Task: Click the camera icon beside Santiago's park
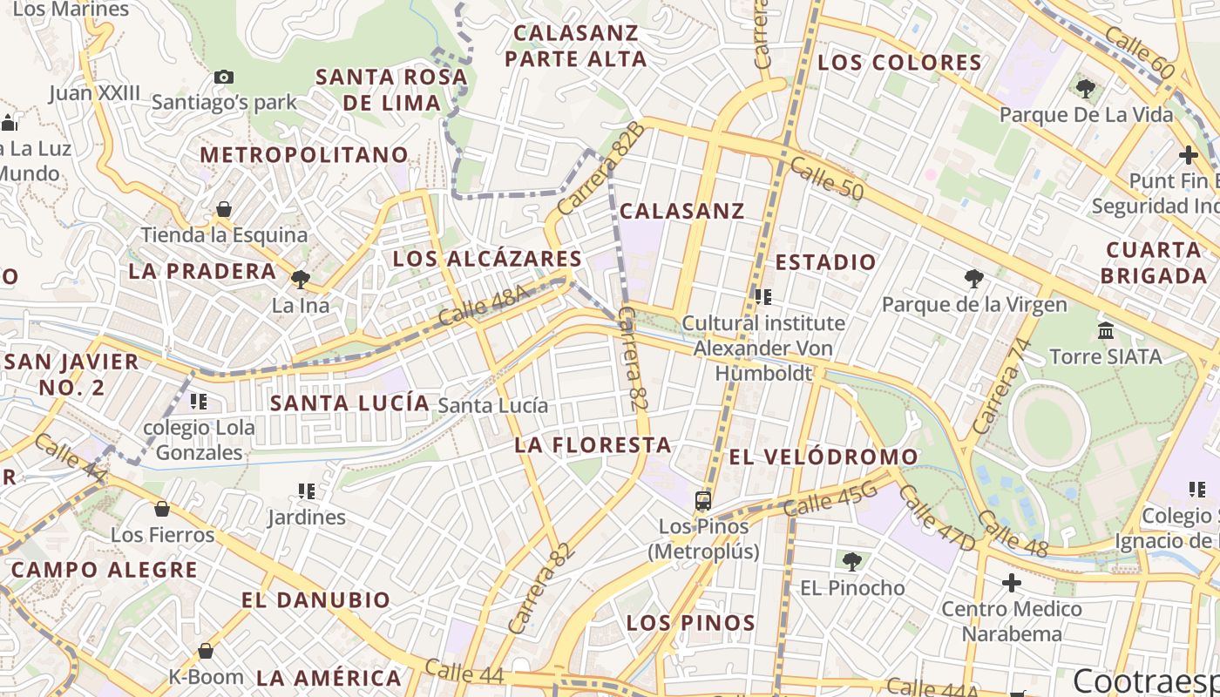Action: (x=224, y=77)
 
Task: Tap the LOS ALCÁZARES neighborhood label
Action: (x=487, y=259)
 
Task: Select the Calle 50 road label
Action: (x=826, y=178)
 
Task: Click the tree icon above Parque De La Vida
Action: (x=1086, y=88)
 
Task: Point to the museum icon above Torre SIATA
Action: (x=1106, y=331)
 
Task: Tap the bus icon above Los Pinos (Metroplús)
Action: (x=703, y=501)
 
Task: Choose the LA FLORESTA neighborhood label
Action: (x=593, y=445)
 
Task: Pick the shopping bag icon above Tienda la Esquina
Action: (x=224, y=210)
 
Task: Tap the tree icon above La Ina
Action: (x=301, y=280)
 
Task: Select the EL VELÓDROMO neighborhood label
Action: (x=823, y=457)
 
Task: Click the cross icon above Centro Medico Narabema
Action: (x=1011, y=582)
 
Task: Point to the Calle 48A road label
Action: (x=485, y=306)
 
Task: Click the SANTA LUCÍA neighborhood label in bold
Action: (x=349, y=403)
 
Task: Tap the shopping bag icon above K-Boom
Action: (x=206, y=651)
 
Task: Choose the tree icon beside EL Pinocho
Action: (x=851, y=561)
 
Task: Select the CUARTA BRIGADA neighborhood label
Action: (x=1154, y=263)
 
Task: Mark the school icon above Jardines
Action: (x=306, y=492)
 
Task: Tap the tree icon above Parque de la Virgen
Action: (x=974, y=279)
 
